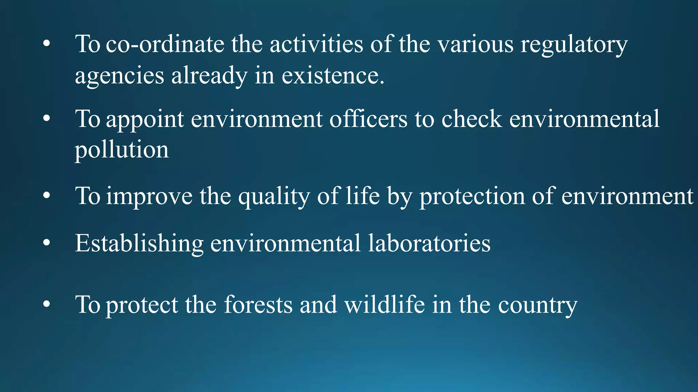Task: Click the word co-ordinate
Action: coord(165,44)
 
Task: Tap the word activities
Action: coord(316,44)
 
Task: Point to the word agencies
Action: coord(119,76)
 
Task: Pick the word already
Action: coord(209,76)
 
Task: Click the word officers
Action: coord(368,119)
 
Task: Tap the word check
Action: coord(472,119)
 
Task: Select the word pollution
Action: coord(122,150)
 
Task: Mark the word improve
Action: coord(149,197)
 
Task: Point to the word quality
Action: coord(274,197)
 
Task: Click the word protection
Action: coord(472,197)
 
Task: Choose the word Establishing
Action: coord(139,244)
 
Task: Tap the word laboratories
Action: coord(429,243)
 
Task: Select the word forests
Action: coord(258,304)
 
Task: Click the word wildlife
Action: coord(384,304)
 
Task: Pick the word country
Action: coord(537,305)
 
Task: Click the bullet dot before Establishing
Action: coord(47,243)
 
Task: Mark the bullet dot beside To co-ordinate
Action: coord(47,44)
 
